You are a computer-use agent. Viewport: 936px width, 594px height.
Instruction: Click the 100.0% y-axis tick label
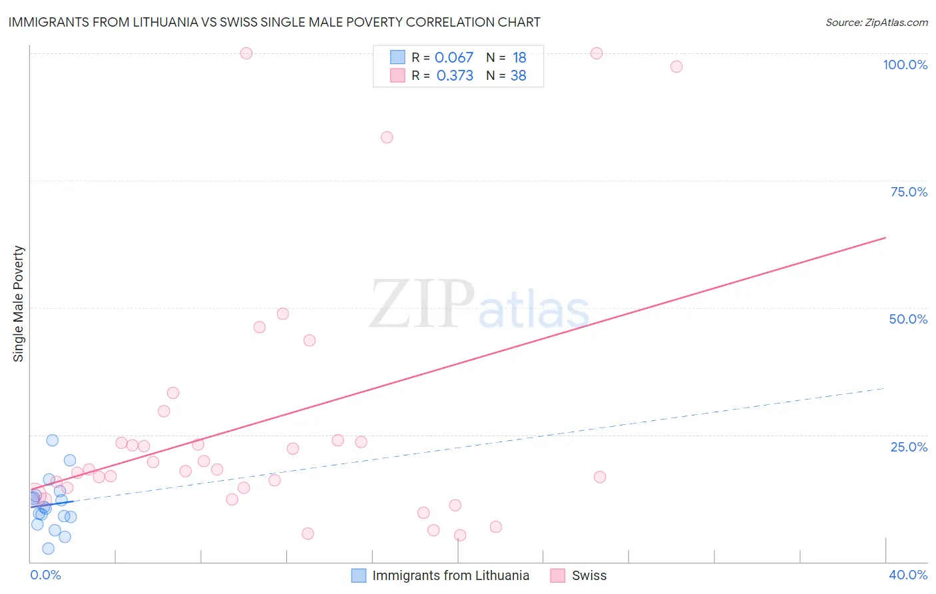coord(905,65)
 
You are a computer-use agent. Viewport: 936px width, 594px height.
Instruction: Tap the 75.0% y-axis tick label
coord(909,192)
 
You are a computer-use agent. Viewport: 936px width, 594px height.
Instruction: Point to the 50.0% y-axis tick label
coord(908,319)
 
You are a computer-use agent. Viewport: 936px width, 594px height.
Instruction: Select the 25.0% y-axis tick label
coord(909,446)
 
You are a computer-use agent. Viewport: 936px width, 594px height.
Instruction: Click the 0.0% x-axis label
coord(45,575)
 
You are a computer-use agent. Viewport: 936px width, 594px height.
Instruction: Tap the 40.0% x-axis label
coord(908,575)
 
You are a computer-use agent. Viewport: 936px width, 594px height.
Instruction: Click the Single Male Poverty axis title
coord(19,304)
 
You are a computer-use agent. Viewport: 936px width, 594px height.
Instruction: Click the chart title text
coord(274,22)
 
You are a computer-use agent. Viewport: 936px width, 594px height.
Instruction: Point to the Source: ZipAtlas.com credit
coord(876,22)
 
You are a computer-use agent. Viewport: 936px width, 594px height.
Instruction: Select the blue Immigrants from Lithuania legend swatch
coord(359,575)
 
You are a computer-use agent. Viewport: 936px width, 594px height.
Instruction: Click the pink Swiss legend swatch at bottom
coord(558,575)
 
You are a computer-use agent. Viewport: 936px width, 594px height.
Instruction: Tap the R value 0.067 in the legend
coord(453,57)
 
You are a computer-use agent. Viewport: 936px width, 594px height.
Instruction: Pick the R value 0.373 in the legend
coord(455,75)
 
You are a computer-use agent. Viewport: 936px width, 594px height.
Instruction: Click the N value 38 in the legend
coord(518,75)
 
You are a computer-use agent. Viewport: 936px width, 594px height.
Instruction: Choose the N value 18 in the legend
coord(519,57)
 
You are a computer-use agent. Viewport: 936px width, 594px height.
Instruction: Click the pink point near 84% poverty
coord(387,137)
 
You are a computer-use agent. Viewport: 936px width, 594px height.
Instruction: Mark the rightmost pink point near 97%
coord(676,67)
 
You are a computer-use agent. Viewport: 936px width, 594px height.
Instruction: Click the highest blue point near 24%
coord(53,440)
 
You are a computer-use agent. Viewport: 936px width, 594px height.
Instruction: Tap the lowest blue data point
coord(48,549)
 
